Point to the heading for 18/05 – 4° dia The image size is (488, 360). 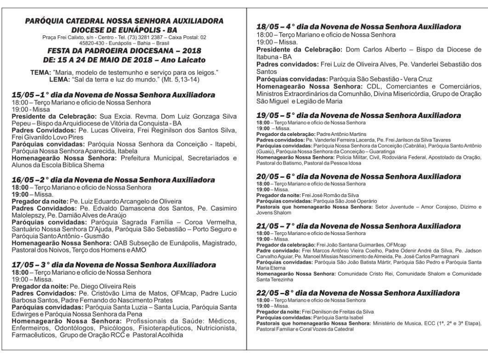[x=358, y=27]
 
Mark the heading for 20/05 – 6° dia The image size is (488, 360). [x=358, y=176]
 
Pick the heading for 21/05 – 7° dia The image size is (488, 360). [x=358, y=226]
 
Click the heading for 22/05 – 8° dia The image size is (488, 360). [x=358, y=293]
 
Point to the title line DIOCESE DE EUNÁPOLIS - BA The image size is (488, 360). [x=124, y=29]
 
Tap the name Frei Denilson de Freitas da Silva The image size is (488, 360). [x=338, y=312]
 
